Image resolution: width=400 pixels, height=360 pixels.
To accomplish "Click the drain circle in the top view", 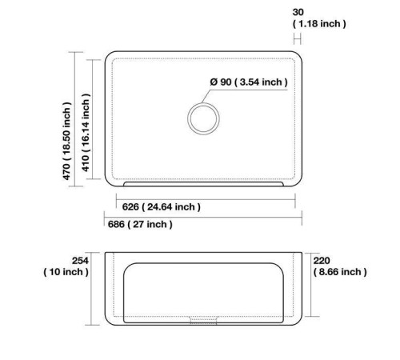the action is pyautogui.click(x=203, y=103).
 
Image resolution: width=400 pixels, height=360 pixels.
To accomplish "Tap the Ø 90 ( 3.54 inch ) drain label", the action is pyautogui.click(x=249, y=82).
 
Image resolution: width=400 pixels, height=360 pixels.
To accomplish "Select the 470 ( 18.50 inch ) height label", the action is pyautogui.click(x=66, y=141).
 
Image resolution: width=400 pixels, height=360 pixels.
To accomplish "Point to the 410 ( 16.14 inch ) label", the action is pyautogui.click(x=86, y=133).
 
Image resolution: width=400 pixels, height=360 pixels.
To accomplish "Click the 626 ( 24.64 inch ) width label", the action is pyautogui.click(x=161, y=207).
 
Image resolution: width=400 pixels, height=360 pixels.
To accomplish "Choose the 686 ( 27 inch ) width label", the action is pyautogui.click(x=140, y=224).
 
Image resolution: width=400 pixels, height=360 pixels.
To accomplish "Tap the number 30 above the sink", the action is pyautogui.click(x=298, y=12).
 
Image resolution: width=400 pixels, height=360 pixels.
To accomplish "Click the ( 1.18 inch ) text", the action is pyautogui.click(x=319, y=24).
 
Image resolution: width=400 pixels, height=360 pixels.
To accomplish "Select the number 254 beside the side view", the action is pyautogui.click(x=80, y=261).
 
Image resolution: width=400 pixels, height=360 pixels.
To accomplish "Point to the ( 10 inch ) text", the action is pyautogui.click(x=66, y=272).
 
